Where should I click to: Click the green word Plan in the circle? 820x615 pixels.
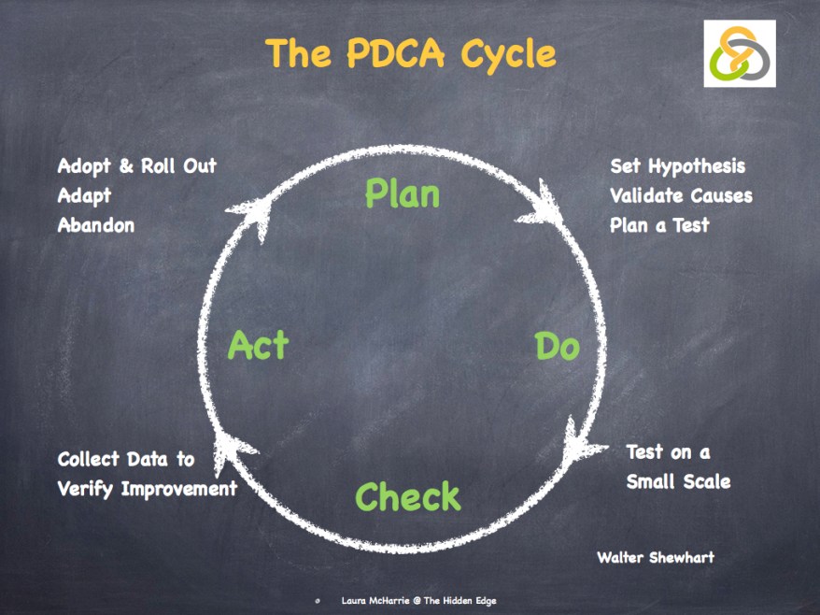[x=402, y=193]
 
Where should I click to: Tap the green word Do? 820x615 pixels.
[x=557, y=347]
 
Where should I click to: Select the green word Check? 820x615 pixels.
[x=408, y=496]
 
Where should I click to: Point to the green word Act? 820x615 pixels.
[x=258, y=346]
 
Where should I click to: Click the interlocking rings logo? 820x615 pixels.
[x=740, y=53]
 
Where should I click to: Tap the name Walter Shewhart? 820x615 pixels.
[x=655, y=558]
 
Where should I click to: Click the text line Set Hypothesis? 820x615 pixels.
[x=677, y=165]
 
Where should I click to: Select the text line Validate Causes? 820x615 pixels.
[x=681, y=195]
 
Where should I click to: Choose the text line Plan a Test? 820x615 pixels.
[x=659, y=225]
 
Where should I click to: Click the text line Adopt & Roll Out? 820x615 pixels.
[x=136, y=165]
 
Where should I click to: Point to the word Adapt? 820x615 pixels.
[x=84, y=195]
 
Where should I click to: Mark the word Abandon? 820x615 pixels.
[x=95, y=225]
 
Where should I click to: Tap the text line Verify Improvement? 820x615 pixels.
[x=147, y=489]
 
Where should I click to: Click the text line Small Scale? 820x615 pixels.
[x=678, y=482]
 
